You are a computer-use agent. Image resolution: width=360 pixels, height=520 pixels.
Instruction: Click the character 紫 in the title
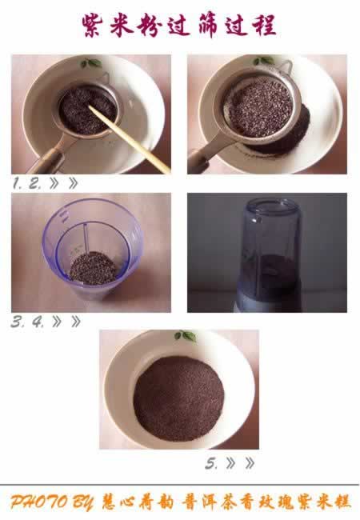[92, 26]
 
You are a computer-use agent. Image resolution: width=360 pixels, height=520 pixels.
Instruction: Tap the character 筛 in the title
[206, 26]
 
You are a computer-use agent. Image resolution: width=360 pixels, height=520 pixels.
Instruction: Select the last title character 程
[265, 26]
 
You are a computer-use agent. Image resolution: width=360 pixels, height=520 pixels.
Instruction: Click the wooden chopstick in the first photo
[130, 139]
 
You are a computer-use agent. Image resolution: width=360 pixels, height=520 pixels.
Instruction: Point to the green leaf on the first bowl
[91, 62]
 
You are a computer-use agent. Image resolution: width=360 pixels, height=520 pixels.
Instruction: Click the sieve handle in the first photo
[49, 156]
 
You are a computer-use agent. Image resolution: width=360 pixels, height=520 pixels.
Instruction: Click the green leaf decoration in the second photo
[264, 60]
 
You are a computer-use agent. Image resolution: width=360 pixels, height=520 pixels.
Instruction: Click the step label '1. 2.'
[27, 183]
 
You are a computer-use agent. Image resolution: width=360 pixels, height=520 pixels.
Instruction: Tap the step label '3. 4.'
[27, 322]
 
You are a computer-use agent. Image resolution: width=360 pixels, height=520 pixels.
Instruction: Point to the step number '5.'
[211, 463]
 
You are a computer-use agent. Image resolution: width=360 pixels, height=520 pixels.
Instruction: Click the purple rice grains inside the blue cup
[93, 268]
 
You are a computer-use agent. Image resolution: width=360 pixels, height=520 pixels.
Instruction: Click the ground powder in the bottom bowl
[178, 398]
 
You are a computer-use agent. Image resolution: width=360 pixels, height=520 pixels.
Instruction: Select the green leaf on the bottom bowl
[186, 336]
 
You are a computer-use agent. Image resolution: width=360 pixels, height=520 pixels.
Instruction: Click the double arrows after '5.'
[240, 463]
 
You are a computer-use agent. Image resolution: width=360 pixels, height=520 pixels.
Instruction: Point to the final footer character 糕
[342, 502]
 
